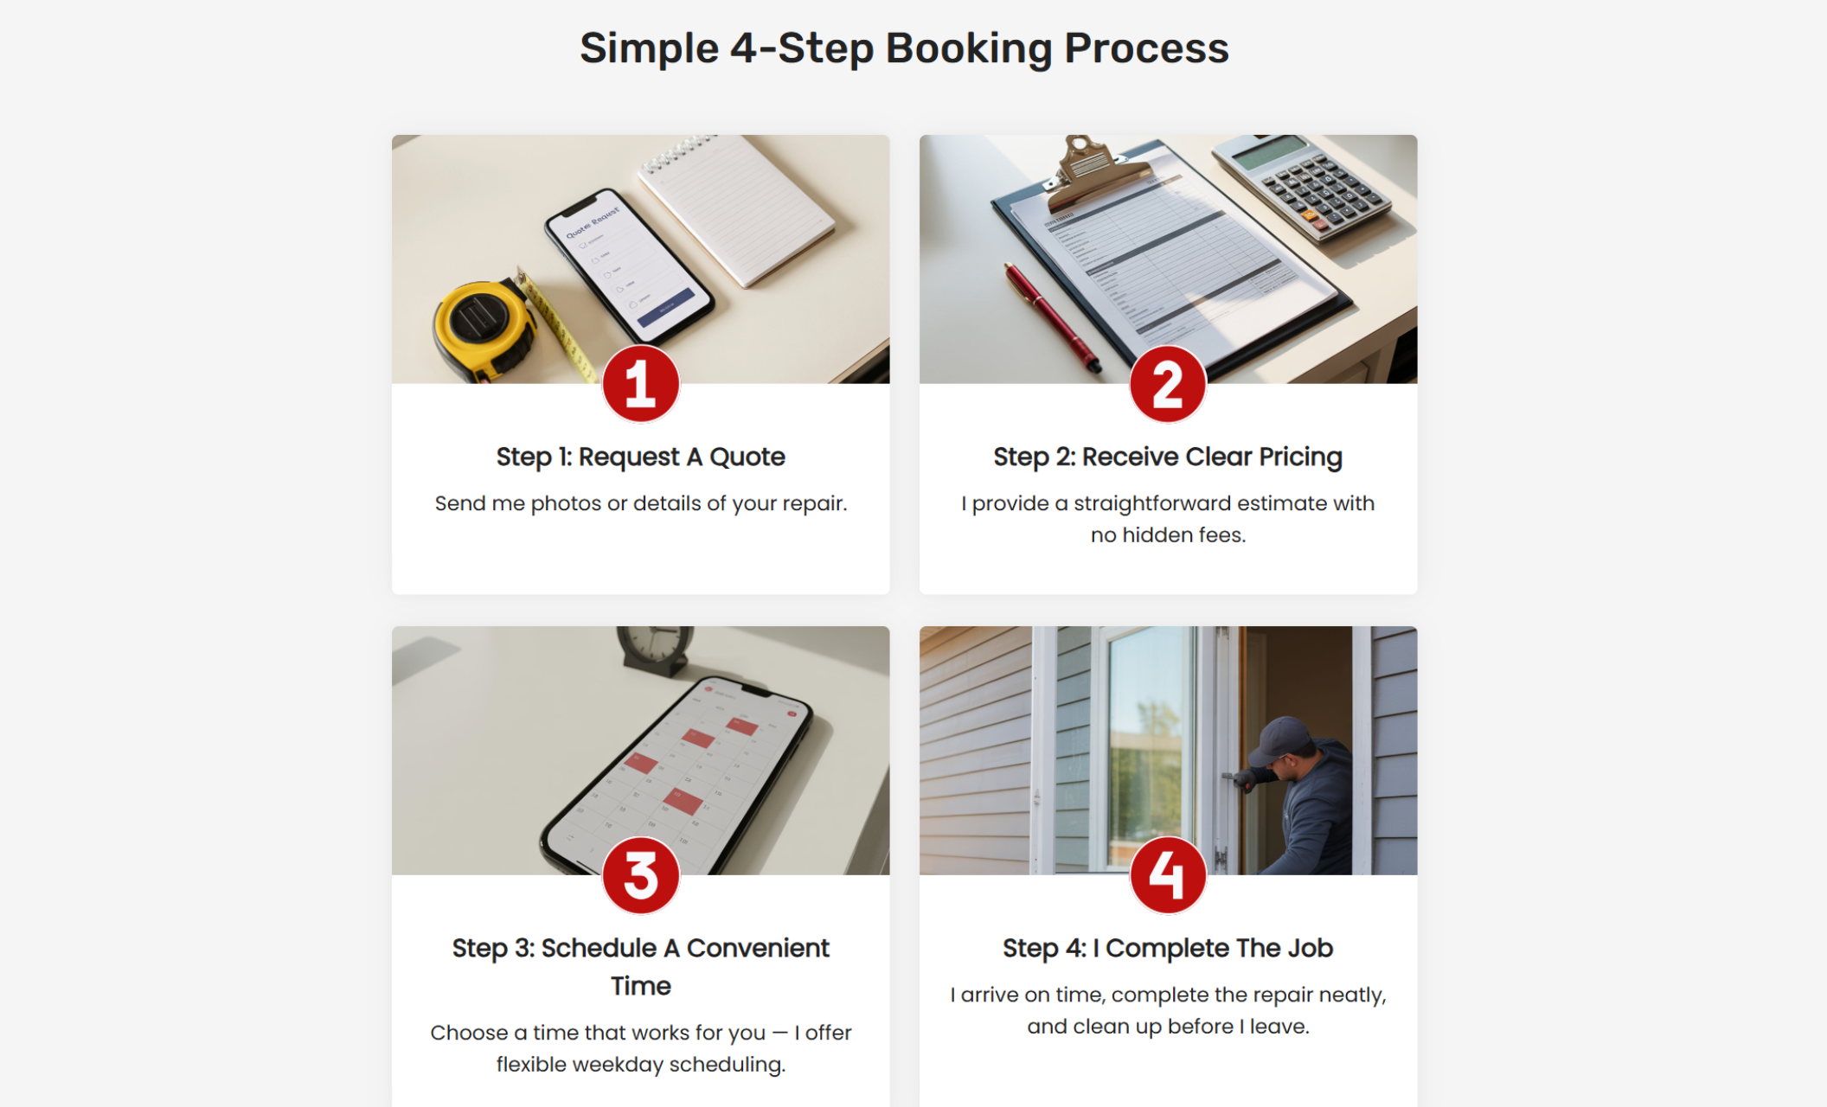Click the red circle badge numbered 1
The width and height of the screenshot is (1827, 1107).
[640, 384]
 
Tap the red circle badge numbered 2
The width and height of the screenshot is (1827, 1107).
[1167, 384]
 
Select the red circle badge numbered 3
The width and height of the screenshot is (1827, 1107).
[640, 875]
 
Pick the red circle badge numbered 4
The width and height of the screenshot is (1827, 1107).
[1167, 875]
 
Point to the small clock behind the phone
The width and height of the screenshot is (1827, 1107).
[656, 649]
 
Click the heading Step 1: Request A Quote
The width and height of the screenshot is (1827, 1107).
[640, 457]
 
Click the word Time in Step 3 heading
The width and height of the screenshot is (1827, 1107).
[640, 986]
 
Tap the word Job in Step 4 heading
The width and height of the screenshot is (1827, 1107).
[1310, 948]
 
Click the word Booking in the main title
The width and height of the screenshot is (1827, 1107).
[968, 48]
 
